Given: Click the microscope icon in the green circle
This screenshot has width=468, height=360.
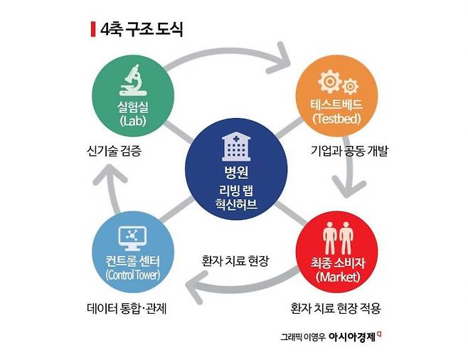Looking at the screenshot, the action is coord(133,80).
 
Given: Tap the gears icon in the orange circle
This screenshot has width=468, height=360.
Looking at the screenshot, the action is coord(338,82).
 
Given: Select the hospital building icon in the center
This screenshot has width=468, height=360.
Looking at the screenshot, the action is coord(236,147).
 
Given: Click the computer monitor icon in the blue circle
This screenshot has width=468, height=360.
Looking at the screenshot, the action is coord(132,238).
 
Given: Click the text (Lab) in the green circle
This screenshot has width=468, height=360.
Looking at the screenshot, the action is coord(133,121).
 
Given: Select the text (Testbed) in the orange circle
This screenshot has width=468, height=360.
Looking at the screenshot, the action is coord(336,119).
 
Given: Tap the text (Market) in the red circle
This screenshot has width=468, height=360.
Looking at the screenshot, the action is coord(338,277).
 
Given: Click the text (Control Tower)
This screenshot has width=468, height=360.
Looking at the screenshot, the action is coord(133,275).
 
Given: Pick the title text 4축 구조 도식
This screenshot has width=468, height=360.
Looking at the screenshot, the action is coord(142,29).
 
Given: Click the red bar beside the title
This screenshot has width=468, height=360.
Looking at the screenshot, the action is coord(93,29).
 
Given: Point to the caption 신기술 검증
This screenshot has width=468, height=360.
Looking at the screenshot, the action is coord(114,151).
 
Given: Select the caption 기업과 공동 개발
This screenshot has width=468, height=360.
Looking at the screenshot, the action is coord(349,151).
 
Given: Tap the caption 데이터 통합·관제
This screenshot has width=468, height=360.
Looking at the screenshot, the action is coord(127,308).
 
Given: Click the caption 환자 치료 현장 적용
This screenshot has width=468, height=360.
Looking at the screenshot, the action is coord(336,308).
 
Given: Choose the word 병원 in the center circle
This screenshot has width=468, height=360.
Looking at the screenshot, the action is coord(236,172).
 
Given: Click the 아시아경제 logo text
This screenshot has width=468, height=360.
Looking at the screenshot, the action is coord(352,337).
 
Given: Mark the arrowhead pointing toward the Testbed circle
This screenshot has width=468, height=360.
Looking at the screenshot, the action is coord(279,58).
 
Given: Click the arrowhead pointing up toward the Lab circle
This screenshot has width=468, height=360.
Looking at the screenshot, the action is coord(110,174).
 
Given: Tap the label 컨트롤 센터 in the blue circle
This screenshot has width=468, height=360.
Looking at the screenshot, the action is coord(133,261).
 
